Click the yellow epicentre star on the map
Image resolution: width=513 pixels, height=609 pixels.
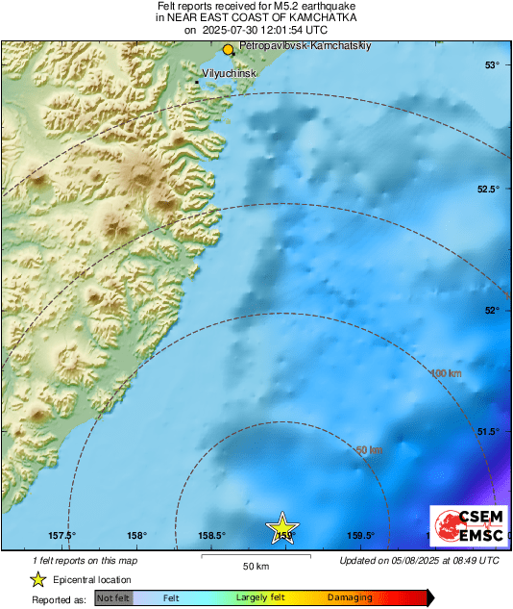click(283, 529)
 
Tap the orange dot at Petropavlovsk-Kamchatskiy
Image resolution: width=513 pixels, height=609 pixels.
click(228, 49)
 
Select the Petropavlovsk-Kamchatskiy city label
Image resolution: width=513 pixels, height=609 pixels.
click(292, 45)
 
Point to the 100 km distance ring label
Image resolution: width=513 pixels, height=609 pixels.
click(446, 373)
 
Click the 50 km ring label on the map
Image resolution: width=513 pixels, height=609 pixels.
click(369, 449)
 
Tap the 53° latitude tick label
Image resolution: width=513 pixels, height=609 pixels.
click(492, 65)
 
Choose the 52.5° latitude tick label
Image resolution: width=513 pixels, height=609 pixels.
click(488, 189)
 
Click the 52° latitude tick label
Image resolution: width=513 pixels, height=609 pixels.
click(492, 310)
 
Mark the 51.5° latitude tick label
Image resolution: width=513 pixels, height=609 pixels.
click(488, 431)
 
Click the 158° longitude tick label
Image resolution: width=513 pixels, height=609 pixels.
click(136, 536)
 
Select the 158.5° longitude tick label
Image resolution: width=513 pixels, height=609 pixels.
click(211, 536)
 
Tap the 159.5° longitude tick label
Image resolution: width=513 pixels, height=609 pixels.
click(360, 536)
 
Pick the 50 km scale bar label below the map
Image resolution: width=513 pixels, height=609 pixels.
click(255, 566)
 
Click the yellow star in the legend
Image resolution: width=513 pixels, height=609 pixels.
click(37, 579)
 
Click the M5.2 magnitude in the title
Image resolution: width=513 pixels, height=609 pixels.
click(287, 7)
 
